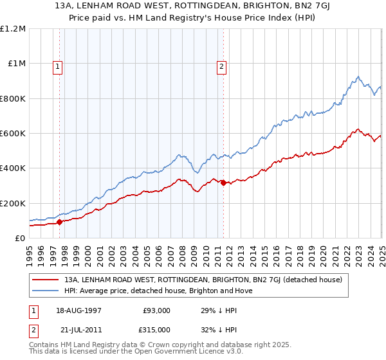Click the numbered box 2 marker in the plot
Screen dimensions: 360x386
221,65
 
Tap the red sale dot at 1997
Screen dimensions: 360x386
60,222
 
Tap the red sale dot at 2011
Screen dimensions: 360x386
223,183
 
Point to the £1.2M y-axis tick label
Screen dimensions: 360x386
13,29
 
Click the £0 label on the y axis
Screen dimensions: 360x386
20,239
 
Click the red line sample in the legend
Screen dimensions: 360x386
46,280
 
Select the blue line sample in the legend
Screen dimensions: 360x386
46,291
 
